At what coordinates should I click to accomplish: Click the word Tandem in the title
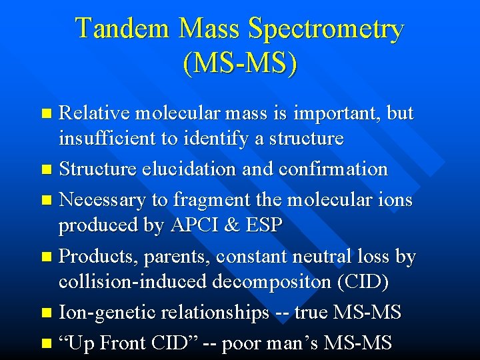[x=122, y=29]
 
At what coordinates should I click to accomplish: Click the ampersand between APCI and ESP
[x=233, y=225]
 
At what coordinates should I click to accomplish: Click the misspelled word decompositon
[x=274, y=283]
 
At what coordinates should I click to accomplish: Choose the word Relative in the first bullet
[x=94, y=113]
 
